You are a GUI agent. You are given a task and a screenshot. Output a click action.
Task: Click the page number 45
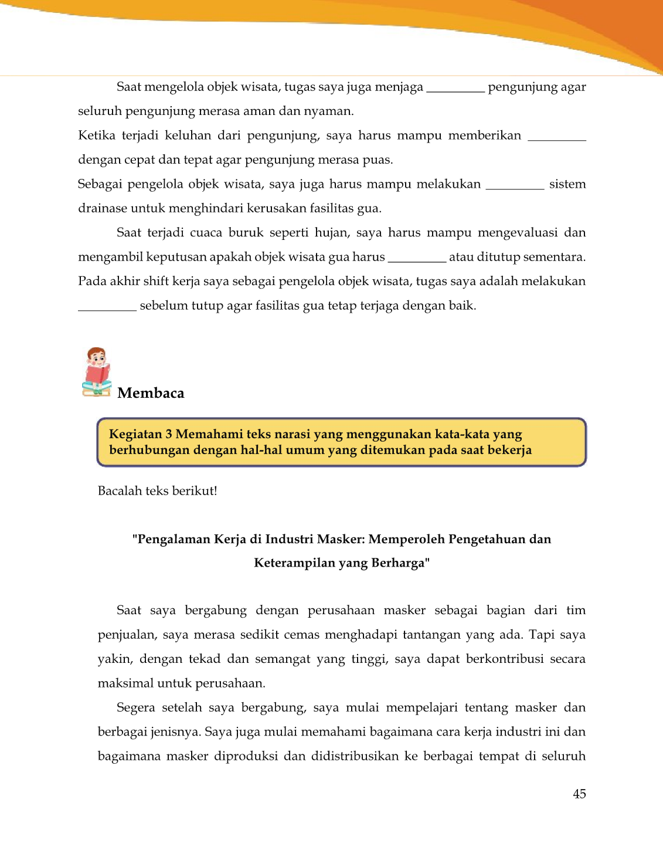579,794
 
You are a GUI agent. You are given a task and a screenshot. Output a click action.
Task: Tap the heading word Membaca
151,393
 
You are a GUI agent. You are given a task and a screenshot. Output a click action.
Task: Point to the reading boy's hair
96,352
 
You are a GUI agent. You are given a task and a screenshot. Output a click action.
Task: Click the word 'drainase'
103,208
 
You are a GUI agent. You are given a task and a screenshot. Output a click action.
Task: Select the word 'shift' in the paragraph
156,281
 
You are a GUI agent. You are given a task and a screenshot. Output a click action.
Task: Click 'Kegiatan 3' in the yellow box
140,434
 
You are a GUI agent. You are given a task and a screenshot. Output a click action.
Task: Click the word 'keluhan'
188,136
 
